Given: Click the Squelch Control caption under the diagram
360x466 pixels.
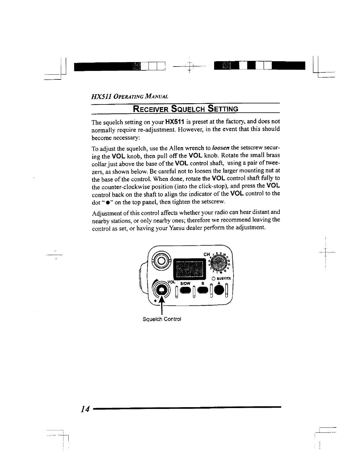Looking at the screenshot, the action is point(161,319).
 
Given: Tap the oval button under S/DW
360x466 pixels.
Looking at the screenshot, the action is point(185,291).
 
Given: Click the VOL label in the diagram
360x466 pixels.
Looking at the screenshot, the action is point(171,282).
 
